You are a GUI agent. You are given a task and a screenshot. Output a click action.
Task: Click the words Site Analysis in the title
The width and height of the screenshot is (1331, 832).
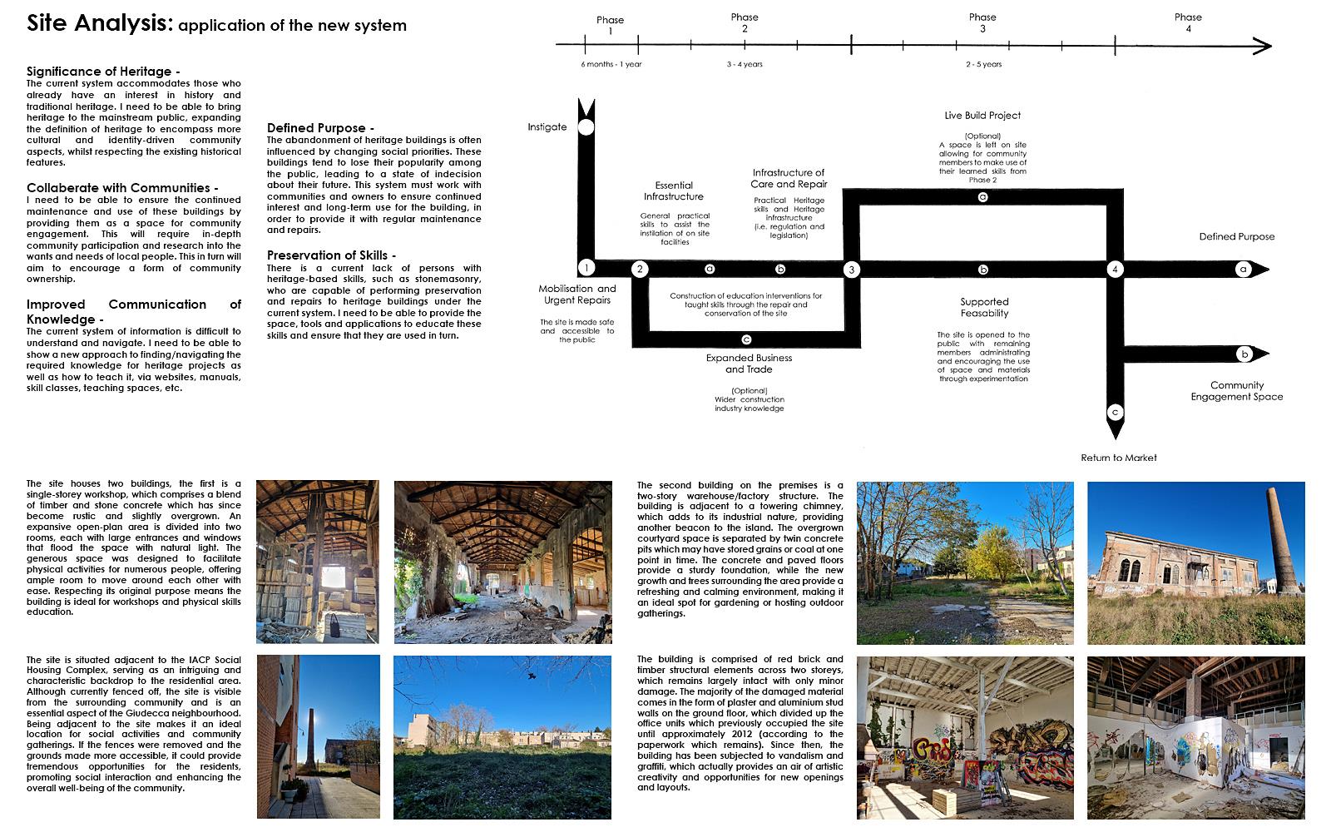point(97,23)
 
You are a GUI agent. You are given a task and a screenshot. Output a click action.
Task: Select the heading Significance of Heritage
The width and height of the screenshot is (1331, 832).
point(102,72)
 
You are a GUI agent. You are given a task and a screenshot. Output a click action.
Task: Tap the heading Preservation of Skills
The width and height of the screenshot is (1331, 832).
point(331,255)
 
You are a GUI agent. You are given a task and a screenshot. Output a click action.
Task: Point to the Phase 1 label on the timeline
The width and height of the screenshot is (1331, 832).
point(610,25)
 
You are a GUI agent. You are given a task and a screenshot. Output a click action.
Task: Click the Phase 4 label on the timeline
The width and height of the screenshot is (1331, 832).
point(1188,22)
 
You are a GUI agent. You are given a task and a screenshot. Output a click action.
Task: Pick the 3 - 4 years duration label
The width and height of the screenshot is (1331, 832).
point(745,64)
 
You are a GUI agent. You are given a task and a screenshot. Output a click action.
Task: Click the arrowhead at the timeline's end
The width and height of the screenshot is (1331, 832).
point(1263,46)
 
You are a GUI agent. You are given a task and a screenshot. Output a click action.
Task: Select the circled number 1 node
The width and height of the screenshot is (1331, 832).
point(586,268)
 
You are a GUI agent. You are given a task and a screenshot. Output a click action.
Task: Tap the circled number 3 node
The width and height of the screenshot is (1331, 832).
point(851,270)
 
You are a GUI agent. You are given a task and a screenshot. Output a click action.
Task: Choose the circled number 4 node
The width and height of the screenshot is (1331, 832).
point(1115,269)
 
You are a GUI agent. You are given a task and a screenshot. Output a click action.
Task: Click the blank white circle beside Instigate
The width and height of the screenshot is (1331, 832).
point(586,127)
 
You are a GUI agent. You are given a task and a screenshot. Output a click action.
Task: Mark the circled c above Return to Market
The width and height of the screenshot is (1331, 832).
point(1115,412)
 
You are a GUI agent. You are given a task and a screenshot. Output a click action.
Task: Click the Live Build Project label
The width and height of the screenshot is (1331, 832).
point(982,116)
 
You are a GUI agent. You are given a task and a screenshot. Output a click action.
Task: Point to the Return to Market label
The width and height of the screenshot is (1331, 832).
point(1119,458)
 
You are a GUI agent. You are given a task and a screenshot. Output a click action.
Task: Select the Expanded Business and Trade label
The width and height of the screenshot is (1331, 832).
point(749,364)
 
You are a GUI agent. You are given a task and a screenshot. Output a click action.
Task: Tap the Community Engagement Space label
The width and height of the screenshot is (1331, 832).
point(1236,391)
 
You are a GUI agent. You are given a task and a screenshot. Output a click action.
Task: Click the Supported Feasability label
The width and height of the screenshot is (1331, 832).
point(984,308)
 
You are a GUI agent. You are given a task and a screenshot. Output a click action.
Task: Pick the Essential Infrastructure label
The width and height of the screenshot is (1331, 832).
point(673,191)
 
